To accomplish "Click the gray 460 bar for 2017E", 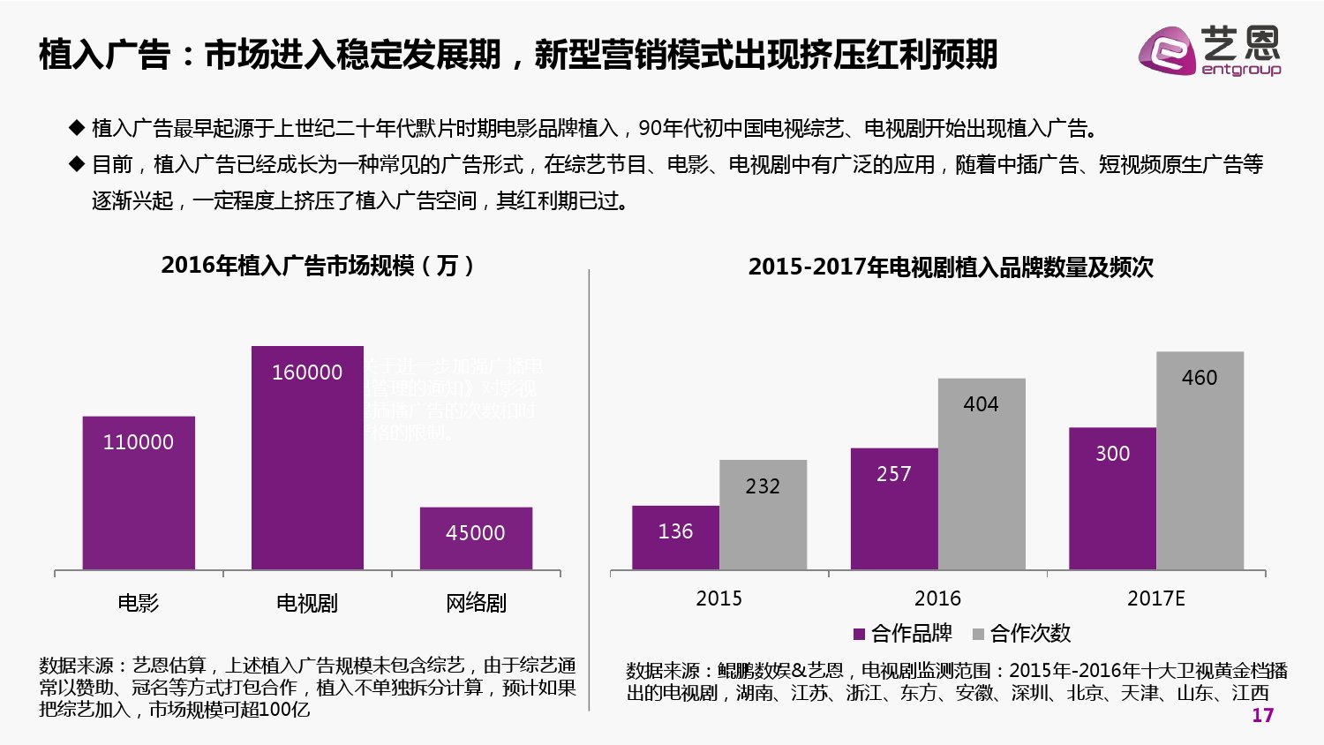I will coord(1200,461).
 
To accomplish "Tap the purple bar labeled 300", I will coord(1112,498).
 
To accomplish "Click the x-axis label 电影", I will coord(139,603).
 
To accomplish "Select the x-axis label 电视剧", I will coord(307,603).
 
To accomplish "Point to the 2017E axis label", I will coord(1155,598).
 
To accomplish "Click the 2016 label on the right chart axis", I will coord(937,598).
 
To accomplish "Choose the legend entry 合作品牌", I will coord(903,633).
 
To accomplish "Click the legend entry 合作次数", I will coord(1021,633).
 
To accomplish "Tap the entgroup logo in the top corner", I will coord(1208,51).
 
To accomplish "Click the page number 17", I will coord(1262,715).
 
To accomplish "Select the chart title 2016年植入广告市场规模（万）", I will coord(320,265).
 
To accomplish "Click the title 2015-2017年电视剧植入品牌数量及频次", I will coord(951,267).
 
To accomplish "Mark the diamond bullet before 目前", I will coord(77,164).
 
